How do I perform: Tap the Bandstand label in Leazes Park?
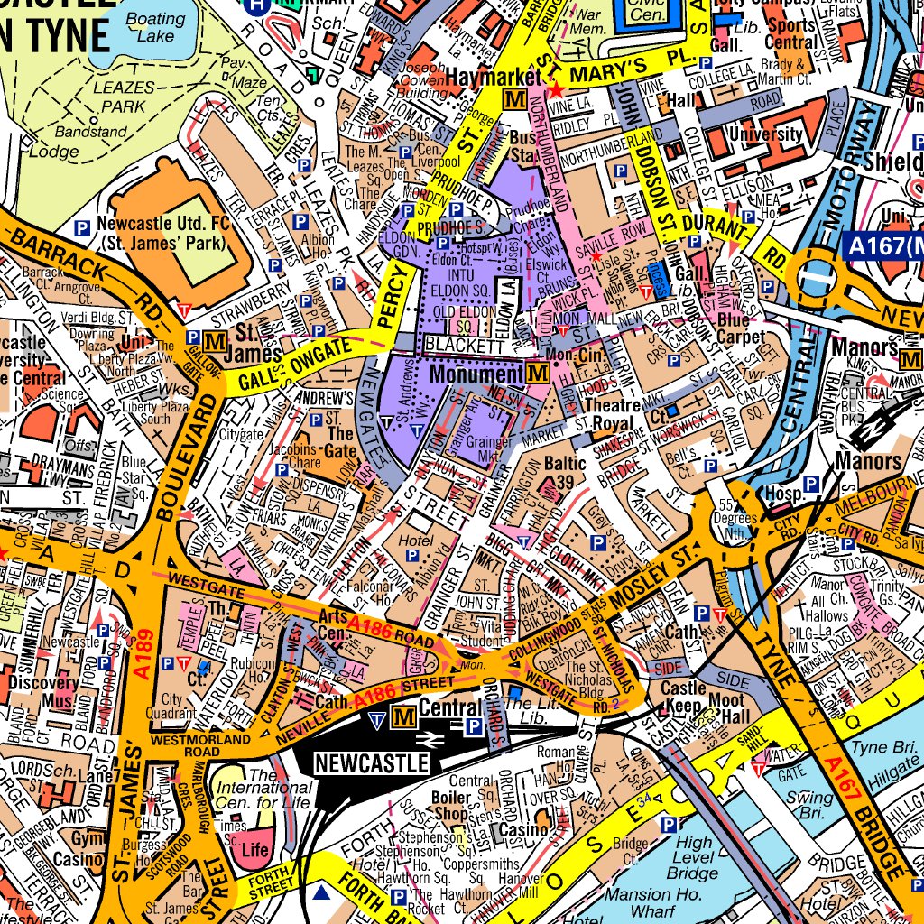pyautogui.click(x=91, y=132)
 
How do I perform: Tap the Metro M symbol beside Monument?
pyautogui.click(x=539, y=373)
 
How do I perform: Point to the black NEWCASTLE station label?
pyautogui.click(x=371, y=763)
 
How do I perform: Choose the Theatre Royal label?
pyautogui.click(x=614, y=415)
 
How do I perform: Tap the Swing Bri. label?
pyautogui.click(x=810, y=806)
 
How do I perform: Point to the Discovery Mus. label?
pyautogui.click(x=42, y=692)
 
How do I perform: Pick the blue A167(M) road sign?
pyautogui.click(x=885, y=245)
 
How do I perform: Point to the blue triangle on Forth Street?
pyautogui.click(x=322, y=894)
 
